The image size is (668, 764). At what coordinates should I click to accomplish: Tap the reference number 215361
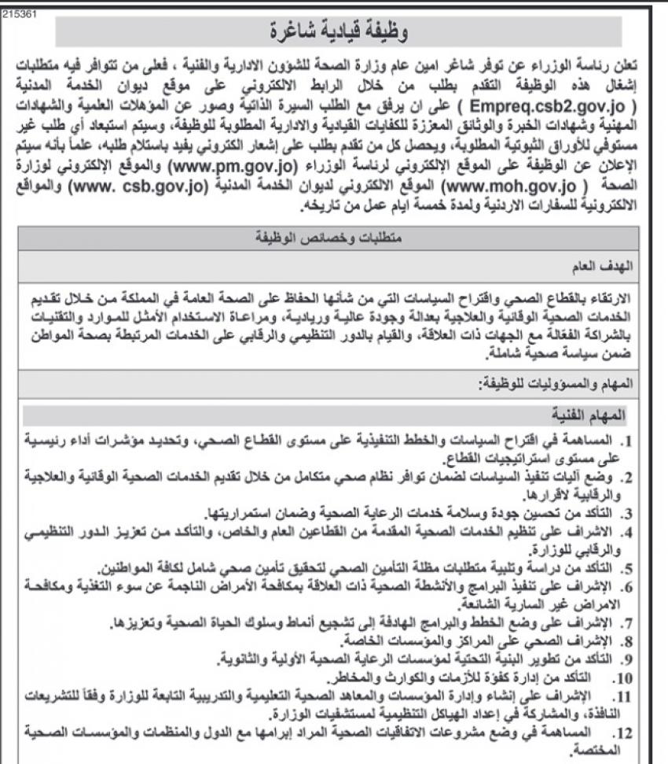[17, 13]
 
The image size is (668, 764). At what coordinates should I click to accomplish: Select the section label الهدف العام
[611, 267]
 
